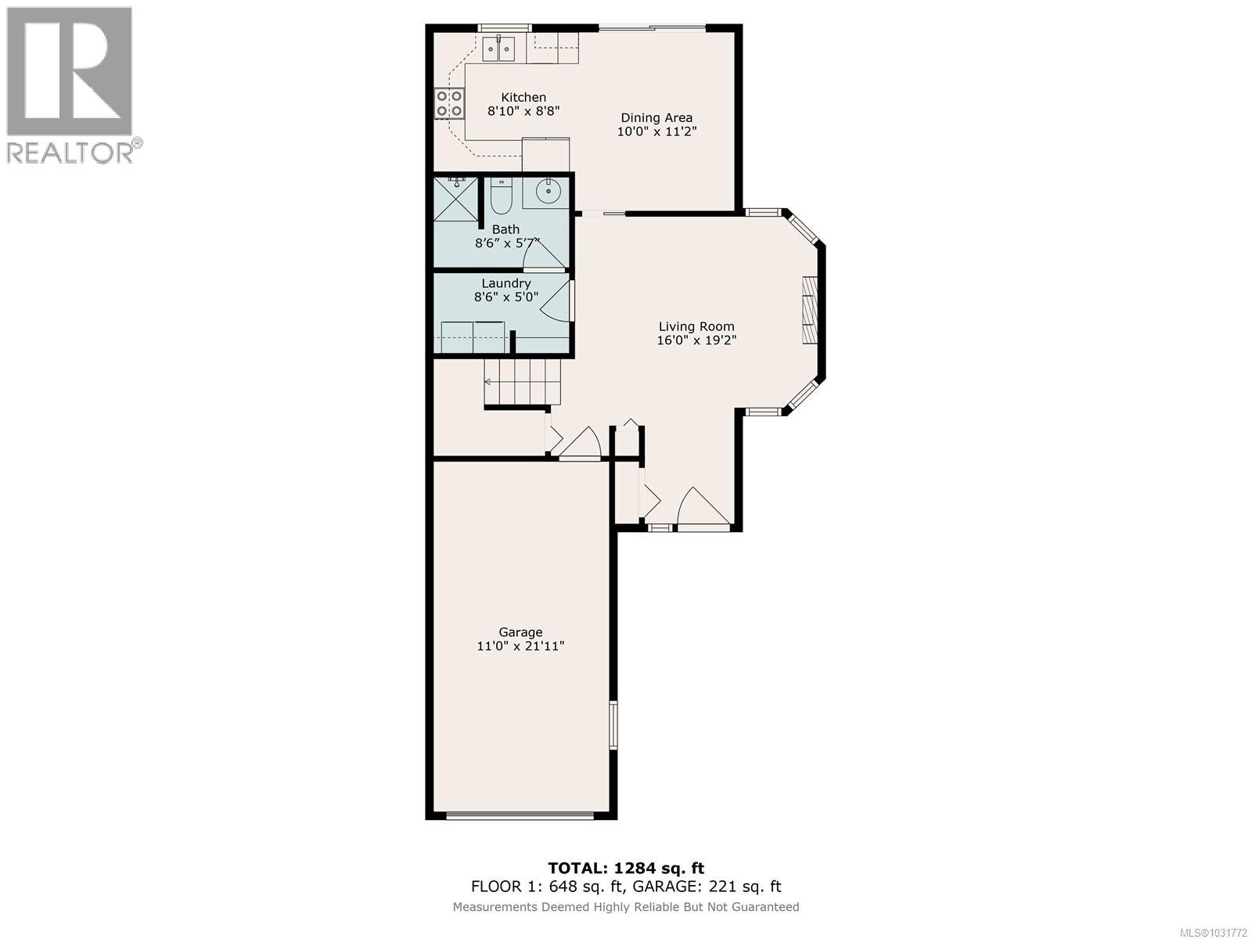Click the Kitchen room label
(523, 98)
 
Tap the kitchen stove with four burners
(449, 103)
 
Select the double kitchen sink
(498, 49)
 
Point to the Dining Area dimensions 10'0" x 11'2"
(657, 132)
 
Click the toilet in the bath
(500, 196)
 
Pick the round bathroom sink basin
(549, 189)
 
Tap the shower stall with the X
(455, 198)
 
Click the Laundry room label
(505, 283)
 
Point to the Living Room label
(696, 326)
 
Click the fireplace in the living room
(809, 310)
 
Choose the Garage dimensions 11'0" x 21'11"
(520, 646)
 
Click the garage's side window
(613, 726)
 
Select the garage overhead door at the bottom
(520, 816)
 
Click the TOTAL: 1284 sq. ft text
(625, 868)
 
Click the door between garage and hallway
(580, 445)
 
